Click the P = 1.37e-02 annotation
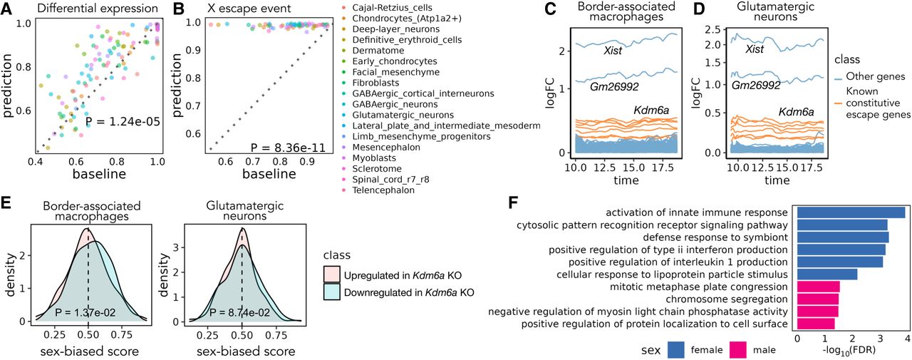pyautogui.click(x=87, y=312)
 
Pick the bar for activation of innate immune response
pyautogui.click(x=851, y=212)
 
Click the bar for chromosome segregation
pyautogui.click(x=818, y=299)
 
